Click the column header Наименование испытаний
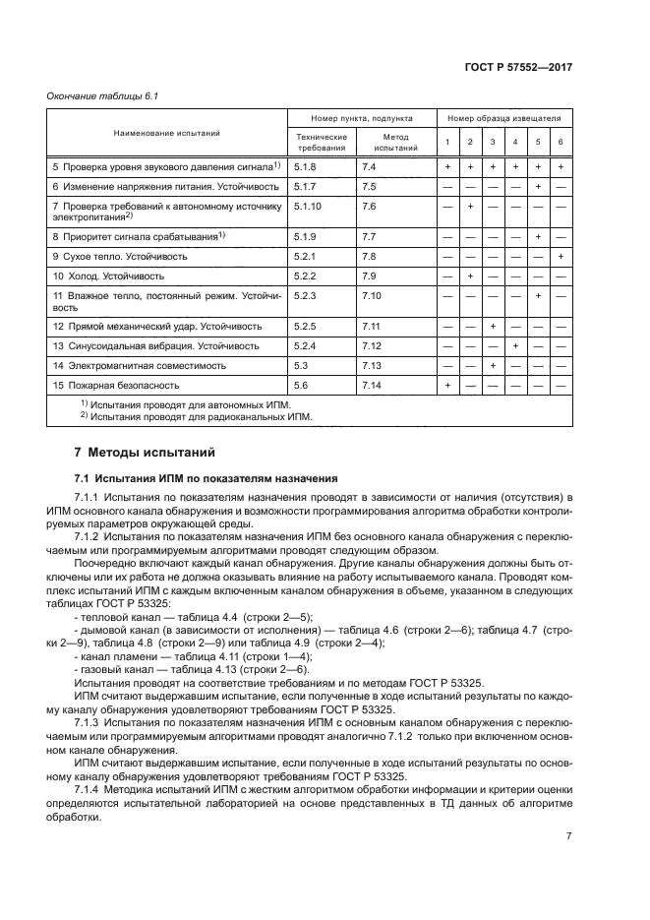[x=166, y=132]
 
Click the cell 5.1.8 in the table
[x=304, y=167]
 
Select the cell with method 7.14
[x=371, y=386]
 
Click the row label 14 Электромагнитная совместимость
[x=139, y=365]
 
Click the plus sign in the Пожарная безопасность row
[x=447, y=386]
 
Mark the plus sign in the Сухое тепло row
[x=560, y=256]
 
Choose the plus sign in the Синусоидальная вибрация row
[x=515, y=345]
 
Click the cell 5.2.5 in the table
[x=304, y=325]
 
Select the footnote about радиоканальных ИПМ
[x=197, y=416]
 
